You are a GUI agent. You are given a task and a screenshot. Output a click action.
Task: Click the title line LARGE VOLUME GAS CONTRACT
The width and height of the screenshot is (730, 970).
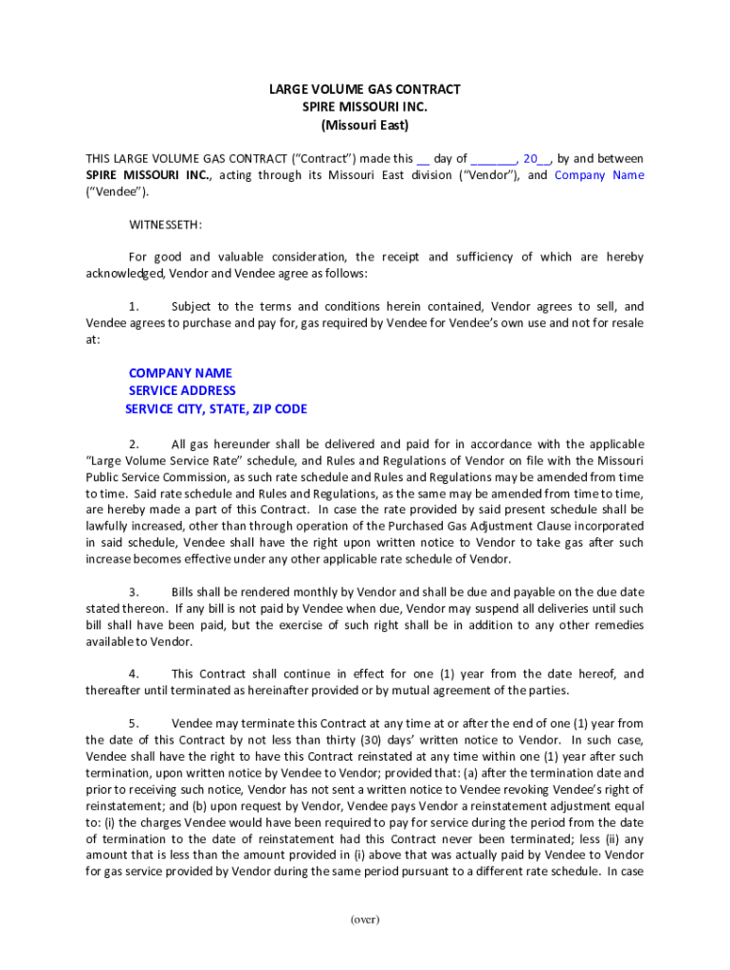tap(365, 89)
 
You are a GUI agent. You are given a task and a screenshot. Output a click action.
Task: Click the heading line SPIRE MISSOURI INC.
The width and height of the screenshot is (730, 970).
tap(365, 106)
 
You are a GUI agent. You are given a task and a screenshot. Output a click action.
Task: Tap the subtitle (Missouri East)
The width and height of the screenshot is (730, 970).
tap(365, 124)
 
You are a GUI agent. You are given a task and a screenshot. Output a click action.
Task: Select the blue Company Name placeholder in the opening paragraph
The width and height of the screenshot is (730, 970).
tap(599, 175)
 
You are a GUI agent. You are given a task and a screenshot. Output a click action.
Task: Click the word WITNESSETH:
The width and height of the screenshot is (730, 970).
tap(165, 225)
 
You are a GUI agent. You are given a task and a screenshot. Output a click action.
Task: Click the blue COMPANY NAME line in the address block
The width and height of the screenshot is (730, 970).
tap(180, 373)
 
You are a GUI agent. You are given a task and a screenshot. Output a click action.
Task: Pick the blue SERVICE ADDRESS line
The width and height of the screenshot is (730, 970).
tap(182, 390)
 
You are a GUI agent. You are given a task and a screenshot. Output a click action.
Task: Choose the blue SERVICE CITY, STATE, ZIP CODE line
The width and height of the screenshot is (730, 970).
tap(216, 409)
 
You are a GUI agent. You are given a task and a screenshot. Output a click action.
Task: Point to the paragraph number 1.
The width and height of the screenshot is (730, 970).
tap(134, 306)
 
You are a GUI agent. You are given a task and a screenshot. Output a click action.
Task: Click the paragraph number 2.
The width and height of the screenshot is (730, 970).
tap(134, 443)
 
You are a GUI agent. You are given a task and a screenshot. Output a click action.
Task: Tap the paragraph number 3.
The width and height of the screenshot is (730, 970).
tap(134, 592)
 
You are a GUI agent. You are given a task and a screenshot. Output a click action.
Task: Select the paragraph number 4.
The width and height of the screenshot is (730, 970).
tap(134, 674)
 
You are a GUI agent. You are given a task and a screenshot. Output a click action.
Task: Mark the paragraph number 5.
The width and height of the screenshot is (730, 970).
tap(134, 723)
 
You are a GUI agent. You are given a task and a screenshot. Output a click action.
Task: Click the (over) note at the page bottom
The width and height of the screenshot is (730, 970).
tap(365, 919)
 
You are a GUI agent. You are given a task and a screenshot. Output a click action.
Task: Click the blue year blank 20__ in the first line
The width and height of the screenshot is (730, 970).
tap(536, 158)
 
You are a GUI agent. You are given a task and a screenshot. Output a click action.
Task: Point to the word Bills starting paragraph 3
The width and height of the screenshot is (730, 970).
tap(185, 592)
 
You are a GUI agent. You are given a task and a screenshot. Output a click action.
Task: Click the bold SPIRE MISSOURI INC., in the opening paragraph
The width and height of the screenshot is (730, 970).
tap(148, 175)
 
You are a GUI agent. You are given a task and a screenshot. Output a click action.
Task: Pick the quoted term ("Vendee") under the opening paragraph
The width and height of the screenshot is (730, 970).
tap(118, 192)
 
